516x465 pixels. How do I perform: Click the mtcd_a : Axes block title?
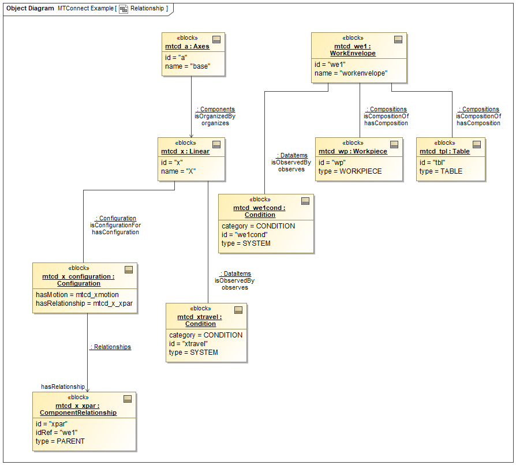tap(185, 46)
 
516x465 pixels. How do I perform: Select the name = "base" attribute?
tap(187, 66)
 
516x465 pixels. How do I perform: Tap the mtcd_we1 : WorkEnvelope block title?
tap(353, 50)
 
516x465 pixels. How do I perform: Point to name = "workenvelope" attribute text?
tap(350, 73)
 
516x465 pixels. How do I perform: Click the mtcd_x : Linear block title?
tap(185, 151)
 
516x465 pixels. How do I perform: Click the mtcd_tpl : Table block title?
tap(444, 151)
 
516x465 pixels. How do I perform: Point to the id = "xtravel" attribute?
tap(188, 344)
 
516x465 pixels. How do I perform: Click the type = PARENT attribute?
tap(59, 441)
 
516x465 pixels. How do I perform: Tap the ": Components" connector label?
tap(215, 109)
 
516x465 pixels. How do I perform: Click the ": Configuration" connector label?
tap(115, 218)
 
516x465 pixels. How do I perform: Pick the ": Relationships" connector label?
tap(110, 347)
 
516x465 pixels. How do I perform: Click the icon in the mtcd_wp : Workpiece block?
tap(394, 144)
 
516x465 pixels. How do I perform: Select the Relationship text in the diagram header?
tap(147, 9)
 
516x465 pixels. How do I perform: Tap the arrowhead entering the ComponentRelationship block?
tap(88, 390)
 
